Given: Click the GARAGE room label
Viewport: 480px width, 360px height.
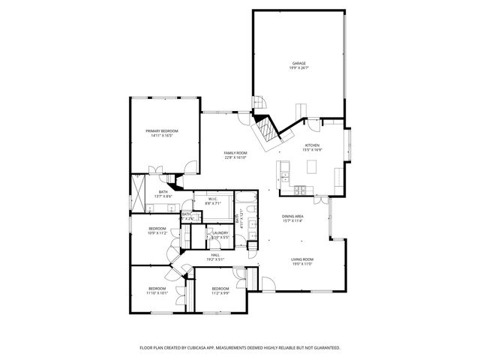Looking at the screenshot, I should [298, 64].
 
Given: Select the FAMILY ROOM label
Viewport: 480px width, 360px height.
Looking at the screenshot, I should [235, 153].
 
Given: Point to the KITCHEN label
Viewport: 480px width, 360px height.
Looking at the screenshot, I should [312, 145].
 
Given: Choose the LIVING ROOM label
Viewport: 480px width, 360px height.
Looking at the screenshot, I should [301, 260].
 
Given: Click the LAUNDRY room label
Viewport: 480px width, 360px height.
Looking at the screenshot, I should [220, 232].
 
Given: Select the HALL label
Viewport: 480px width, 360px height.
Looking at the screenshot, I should [214, 255].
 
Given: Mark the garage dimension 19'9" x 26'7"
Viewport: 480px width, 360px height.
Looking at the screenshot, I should [298, 68].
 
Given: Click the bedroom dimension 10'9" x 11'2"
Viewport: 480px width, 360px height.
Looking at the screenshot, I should [157, 233].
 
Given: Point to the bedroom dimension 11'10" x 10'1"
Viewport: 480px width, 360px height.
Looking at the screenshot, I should [157, 293].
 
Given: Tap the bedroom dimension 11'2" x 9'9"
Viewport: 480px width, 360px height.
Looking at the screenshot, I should [220, 293].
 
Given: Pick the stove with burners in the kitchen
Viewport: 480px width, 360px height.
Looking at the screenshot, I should [300, 187].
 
